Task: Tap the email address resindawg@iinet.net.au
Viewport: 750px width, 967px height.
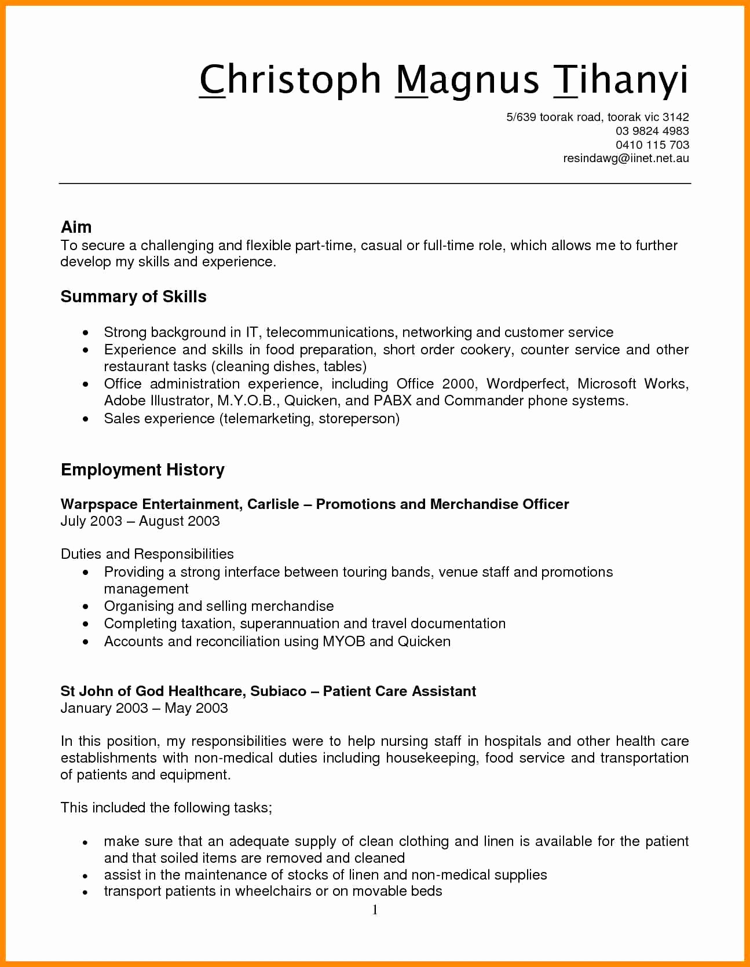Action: [x=625, y=158]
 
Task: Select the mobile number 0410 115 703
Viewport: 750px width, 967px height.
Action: [x=652, y=145]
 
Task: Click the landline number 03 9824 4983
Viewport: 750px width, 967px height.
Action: [x=652, y=131]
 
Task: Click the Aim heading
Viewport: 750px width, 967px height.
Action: [x=76, y=227]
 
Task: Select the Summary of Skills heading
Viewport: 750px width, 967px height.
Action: [x=133, y=296]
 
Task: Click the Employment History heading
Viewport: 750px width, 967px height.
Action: [x=142, y=470]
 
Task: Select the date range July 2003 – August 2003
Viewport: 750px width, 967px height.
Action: [x=140, y=521]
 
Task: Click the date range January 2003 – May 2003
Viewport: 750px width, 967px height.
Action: [x=144, y=708]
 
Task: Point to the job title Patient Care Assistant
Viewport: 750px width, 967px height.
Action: [x=400, y=691]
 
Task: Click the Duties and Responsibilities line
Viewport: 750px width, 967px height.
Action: [x=147, y=554]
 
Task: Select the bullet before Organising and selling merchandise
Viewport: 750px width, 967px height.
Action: [x=86, y=607]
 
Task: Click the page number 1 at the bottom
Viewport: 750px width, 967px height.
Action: [x=375, y=910]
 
